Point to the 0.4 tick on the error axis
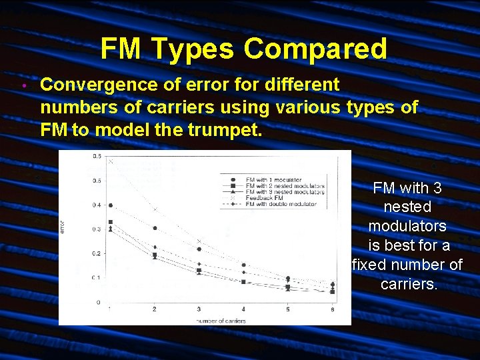97,205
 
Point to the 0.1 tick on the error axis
97,278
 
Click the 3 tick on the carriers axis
199,309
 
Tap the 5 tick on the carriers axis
288,309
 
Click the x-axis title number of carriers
220,321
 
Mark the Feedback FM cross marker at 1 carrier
111,161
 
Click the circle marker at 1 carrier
111,205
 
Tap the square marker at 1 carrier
111,222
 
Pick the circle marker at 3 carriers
199,249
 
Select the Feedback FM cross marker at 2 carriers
155,210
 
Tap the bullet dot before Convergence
23,87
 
